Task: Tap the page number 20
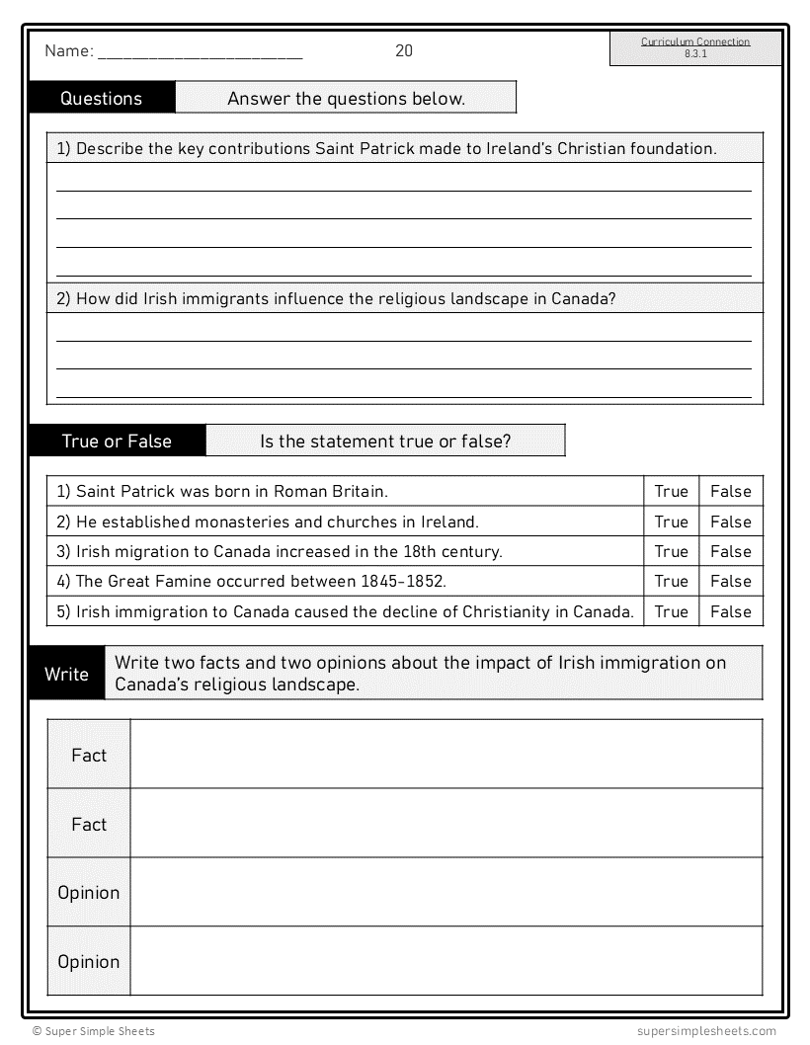tap(404, 51)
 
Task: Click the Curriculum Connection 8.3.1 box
tap(694, 48)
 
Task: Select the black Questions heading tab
tap(102, 98)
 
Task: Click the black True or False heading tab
tap(117, 441)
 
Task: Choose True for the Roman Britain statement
tap(671, 491)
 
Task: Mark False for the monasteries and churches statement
tap(730, 522)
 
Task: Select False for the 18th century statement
tap(730, 551)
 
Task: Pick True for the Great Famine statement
tap(671, 581)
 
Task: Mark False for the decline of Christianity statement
tap(730, 611)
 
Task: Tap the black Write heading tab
tap(66, 674)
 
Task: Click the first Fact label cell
tap(89, 755)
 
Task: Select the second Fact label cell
tap(89, 824)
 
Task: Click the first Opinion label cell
tap(89, 892)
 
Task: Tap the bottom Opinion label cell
tap(89, 961)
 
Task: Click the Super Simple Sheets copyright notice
tap(93, 1031)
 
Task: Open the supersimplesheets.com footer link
tap(707, 1031)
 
